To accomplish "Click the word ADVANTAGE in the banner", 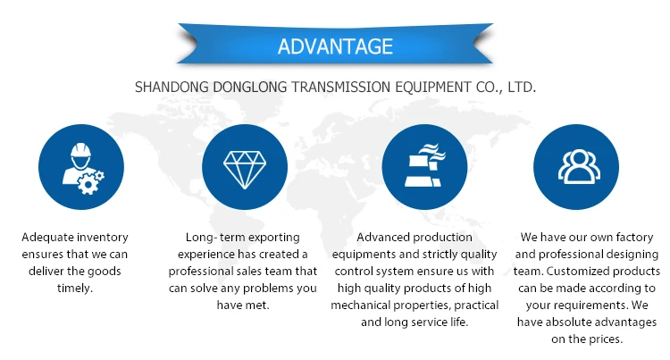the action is (335, 46).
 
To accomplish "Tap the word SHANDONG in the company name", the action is (172, 88).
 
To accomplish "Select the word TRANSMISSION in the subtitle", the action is (341, 88).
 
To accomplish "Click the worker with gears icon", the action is (83, 169).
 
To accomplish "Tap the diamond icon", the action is (245, 170).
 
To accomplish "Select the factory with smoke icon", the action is (424, 165).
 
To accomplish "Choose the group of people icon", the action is (579, 166).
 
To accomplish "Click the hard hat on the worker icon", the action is (80, 150).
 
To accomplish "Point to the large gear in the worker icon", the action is (88, 185).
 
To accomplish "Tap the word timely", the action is (75, 289).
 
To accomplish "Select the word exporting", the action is (274, 238).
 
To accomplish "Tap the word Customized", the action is (574, 272).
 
